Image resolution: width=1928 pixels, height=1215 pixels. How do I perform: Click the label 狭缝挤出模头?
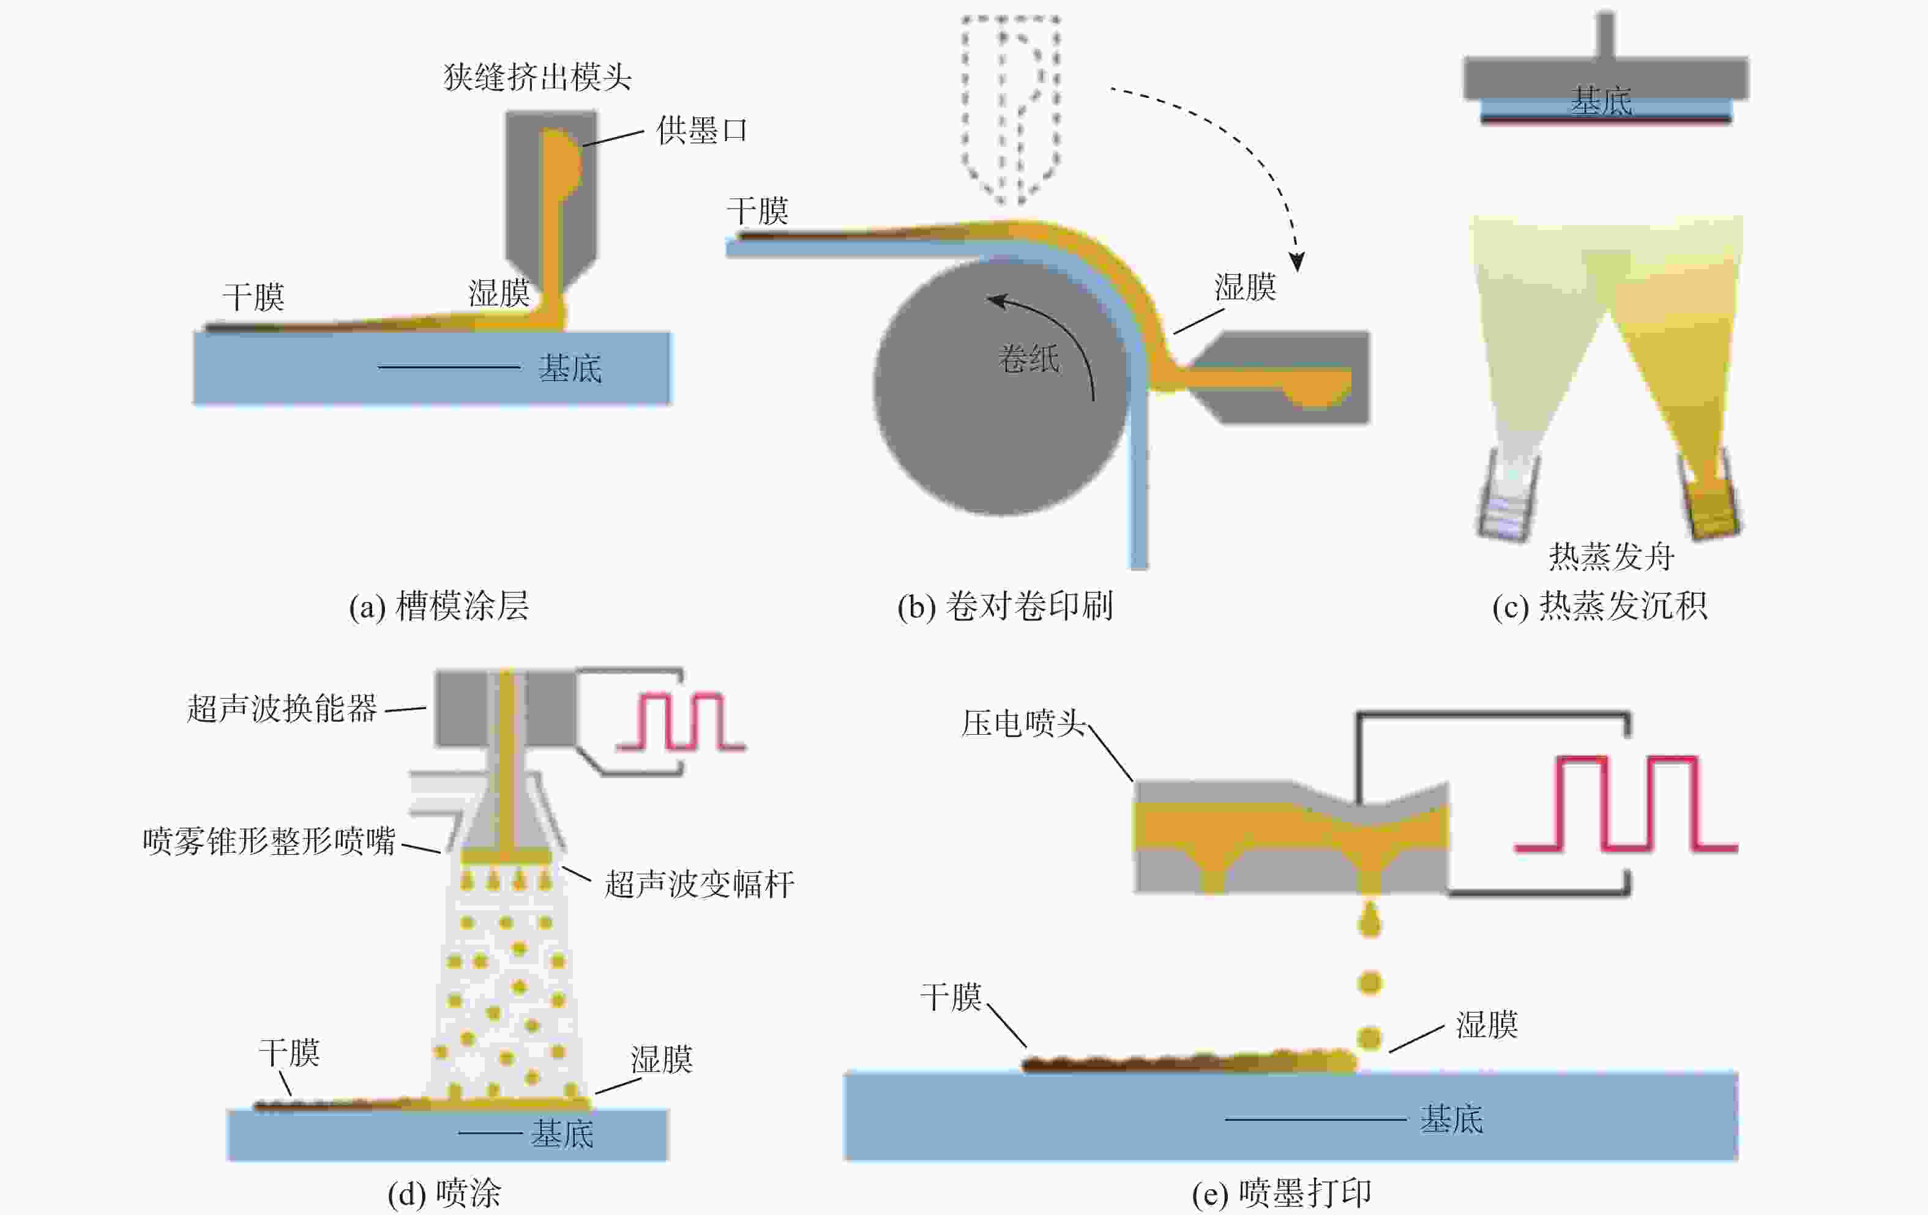pos(537,78)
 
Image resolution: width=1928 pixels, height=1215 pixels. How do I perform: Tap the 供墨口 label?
pos(701,130)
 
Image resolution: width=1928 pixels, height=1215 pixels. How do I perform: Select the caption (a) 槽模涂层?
pos(439,606)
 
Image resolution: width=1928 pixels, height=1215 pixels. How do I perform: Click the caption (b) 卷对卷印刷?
pos(1005,606)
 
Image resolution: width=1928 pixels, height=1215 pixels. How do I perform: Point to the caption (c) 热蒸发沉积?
pos(1599,606)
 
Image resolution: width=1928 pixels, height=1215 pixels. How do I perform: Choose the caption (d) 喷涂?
pos(444,1192)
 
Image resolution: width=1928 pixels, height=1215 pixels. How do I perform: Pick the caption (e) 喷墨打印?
pos(1281,1192)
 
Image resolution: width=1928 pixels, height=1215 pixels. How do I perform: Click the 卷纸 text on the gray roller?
pos(1029,358)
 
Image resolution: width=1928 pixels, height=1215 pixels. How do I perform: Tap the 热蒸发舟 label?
pos(1611,555)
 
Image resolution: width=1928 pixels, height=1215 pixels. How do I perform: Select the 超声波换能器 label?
pos(282,708)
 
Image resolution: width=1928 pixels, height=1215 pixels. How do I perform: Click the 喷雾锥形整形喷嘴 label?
pos(269,841)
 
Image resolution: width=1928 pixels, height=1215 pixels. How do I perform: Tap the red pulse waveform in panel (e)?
pos(1626,803)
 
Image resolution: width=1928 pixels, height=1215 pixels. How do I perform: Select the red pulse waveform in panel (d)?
pos(681,721)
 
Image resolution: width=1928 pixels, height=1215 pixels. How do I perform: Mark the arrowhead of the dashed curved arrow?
pos(1296,262)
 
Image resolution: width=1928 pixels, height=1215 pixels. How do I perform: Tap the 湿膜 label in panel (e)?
pos(1486,1025)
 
